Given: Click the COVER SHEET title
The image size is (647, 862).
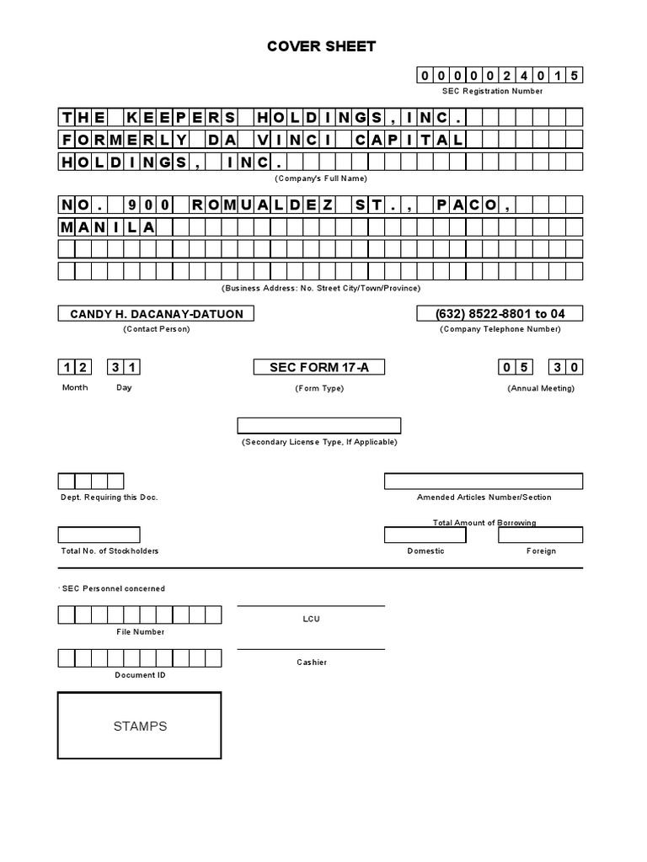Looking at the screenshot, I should [321, 46].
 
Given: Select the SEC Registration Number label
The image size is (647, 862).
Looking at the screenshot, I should [492, 91].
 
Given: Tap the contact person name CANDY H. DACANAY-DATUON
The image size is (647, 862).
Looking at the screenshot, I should [156, 314].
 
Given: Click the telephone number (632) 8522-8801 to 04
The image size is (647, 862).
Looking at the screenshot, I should [500, 314].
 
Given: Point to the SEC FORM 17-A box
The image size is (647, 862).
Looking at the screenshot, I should [319, 367].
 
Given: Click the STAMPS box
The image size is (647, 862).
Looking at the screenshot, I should [140, 726].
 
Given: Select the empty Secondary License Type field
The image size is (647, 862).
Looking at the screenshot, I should [318, 425].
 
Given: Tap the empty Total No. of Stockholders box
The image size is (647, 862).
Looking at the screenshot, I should [99, 535].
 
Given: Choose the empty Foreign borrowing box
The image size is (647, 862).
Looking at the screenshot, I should [540, 535].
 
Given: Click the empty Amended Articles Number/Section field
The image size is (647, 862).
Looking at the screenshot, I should [484, 481].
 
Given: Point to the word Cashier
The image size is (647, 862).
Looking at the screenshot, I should [312, 662].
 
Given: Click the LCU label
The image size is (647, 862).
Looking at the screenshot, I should [312, 619].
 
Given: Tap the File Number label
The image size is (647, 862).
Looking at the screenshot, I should [140, 631].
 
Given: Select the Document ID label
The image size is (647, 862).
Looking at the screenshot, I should [140, 675].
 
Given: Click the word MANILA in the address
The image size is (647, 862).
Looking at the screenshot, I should [107, 227].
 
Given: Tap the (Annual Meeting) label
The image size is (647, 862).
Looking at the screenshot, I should [541, 388].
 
